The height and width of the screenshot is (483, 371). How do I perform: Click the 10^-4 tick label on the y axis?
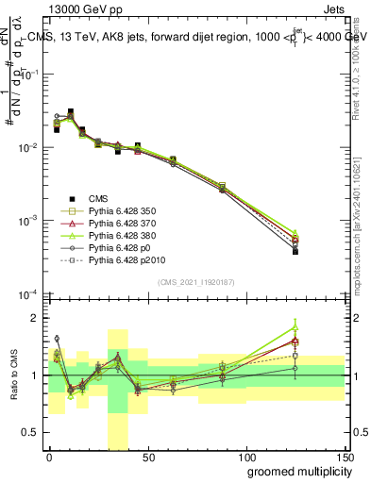click(x=28, y=293)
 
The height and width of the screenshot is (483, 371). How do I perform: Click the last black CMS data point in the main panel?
click(x=295, y=252)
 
